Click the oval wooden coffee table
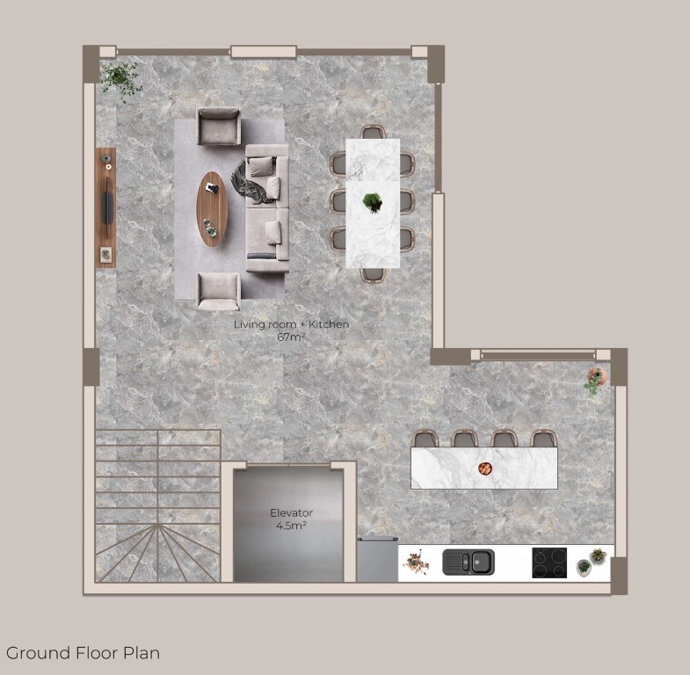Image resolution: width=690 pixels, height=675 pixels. (212, 209)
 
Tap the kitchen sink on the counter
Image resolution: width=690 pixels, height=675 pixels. (468, 562)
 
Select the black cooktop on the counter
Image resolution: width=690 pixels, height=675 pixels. (549, 562)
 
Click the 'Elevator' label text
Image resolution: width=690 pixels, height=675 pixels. (291, 512)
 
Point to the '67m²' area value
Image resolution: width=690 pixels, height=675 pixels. (291, 337)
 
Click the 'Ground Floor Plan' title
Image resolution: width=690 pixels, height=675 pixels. (83, 653)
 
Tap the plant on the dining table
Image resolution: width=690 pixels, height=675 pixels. (373, 202)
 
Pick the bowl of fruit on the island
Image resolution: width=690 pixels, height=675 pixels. (485, 468)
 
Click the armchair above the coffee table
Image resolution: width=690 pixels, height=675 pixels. (219, 127)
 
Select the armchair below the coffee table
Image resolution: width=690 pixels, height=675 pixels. (219, 291)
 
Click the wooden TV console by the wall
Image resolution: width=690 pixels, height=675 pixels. (105, 207)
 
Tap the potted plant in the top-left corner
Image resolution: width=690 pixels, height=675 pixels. (120, 80)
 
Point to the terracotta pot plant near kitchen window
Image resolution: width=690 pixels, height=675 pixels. (596, 380)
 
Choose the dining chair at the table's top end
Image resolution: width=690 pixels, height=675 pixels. (374, 132)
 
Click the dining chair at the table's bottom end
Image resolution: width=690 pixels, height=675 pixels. (373, 274)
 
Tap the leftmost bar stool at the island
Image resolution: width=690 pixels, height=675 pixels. (425, 439)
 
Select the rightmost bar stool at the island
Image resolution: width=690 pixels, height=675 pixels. (544, 439)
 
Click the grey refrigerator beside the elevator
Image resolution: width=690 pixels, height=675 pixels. (377, 559)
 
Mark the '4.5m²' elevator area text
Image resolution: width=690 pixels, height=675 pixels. (291, 526)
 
